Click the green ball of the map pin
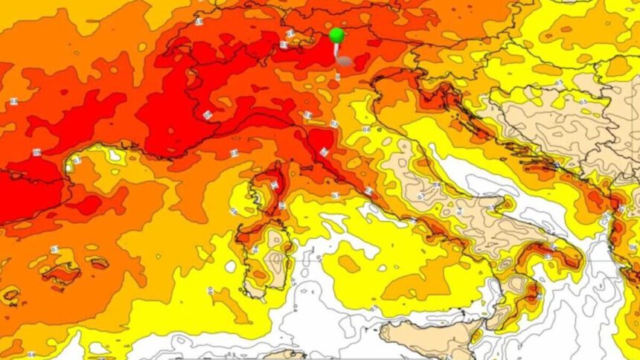coord(336,34)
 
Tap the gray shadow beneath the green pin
coord(344,60)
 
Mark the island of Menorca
coord(97,261)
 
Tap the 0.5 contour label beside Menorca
coord(54,249)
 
